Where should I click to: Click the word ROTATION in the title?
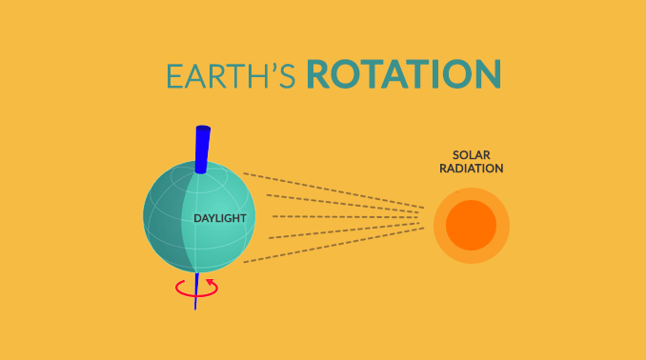click(x=404, y=75)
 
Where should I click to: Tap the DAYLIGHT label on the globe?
click(x=220, y=219)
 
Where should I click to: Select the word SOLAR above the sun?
click(x=471, y=155)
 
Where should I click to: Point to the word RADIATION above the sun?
click(x=472, y=169)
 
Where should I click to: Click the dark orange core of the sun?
click(x=472, y=227)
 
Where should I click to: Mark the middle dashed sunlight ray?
click(x=333, y=216)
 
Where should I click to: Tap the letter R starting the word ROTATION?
click(x=320, y=75)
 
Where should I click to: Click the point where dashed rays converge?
click(x=425, y=216)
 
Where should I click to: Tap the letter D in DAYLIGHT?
click(x=197, y=219)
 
